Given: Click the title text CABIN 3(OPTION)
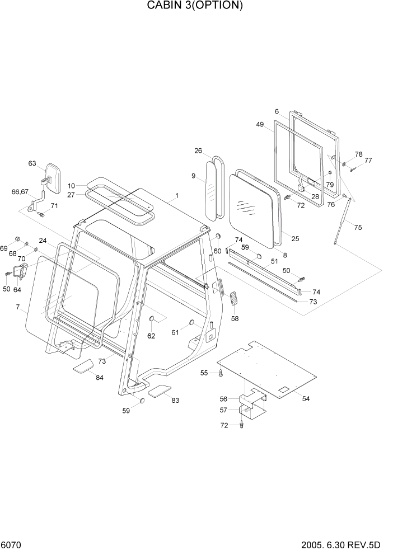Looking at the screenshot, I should (195, 6).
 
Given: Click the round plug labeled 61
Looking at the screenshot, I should (191, 322).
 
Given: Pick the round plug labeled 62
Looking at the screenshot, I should (151, 319).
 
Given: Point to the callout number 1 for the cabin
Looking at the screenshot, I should (177, 195).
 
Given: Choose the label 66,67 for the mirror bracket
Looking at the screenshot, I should (20, 192).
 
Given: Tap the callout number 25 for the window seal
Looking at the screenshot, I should (295, 239).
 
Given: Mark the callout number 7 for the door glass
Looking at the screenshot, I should (18, 307).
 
